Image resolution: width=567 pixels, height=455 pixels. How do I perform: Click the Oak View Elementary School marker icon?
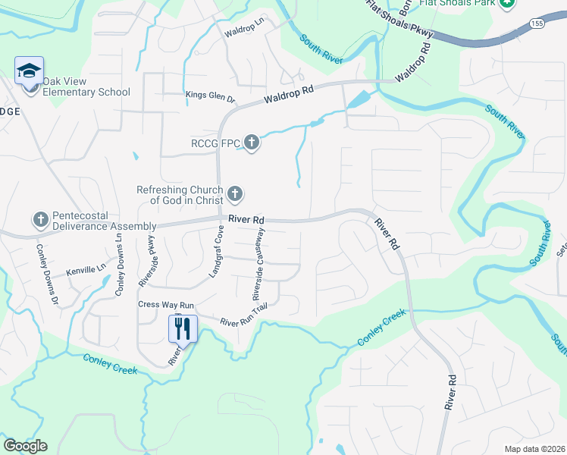tap(30, 72)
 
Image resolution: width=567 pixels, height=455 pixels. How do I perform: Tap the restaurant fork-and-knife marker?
tap(182, 328)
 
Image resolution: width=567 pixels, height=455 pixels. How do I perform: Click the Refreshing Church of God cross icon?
tap(235, 195)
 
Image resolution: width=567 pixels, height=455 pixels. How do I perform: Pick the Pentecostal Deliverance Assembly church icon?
tap(41, 220)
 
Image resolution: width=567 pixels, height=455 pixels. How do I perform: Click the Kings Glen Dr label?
tap(211, 96)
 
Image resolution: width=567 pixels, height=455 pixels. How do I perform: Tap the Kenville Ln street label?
tap(86, 269)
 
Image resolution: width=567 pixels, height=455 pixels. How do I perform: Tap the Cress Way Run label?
tap(166, 305)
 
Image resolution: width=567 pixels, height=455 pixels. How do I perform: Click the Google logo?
tap(24, 446)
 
